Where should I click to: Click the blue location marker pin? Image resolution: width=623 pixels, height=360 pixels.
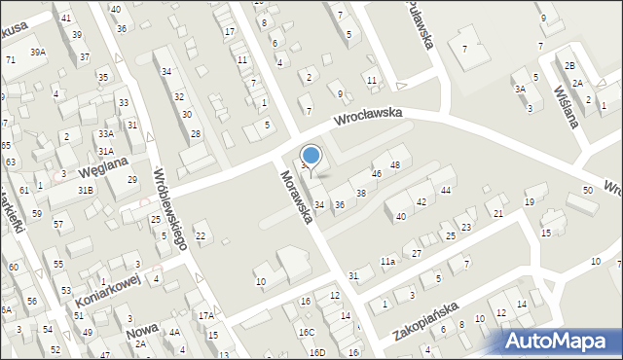[x=311, y=156]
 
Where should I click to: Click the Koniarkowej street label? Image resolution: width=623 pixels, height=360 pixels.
[x=106, y=290]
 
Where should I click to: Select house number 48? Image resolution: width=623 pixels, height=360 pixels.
[x=395, y=165]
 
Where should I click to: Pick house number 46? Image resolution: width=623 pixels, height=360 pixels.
[x=377, y=174]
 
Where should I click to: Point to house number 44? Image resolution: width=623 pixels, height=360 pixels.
[x=445, y=190]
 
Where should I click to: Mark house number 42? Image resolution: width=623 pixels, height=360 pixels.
[x=421, y=201]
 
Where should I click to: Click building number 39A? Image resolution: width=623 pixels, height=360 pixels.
[x=37, y=52]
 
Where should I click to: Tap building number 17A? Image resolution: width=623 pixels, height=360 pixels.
[x=205, y=316]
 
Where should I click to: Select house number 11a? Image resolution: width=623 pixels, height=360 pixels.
[x=388, y=262]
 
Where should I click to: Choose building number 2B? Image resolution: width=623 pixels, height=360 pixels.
[x=569, y=65]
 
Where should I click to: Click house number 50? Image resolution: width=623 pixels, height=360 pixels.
[x=587, y=190]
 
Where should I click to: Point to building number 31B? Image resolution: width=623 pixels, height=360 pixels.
[x=86, y=189]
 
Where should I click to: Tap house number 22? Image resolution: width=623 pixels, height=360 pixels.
[x=201, y=236]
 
